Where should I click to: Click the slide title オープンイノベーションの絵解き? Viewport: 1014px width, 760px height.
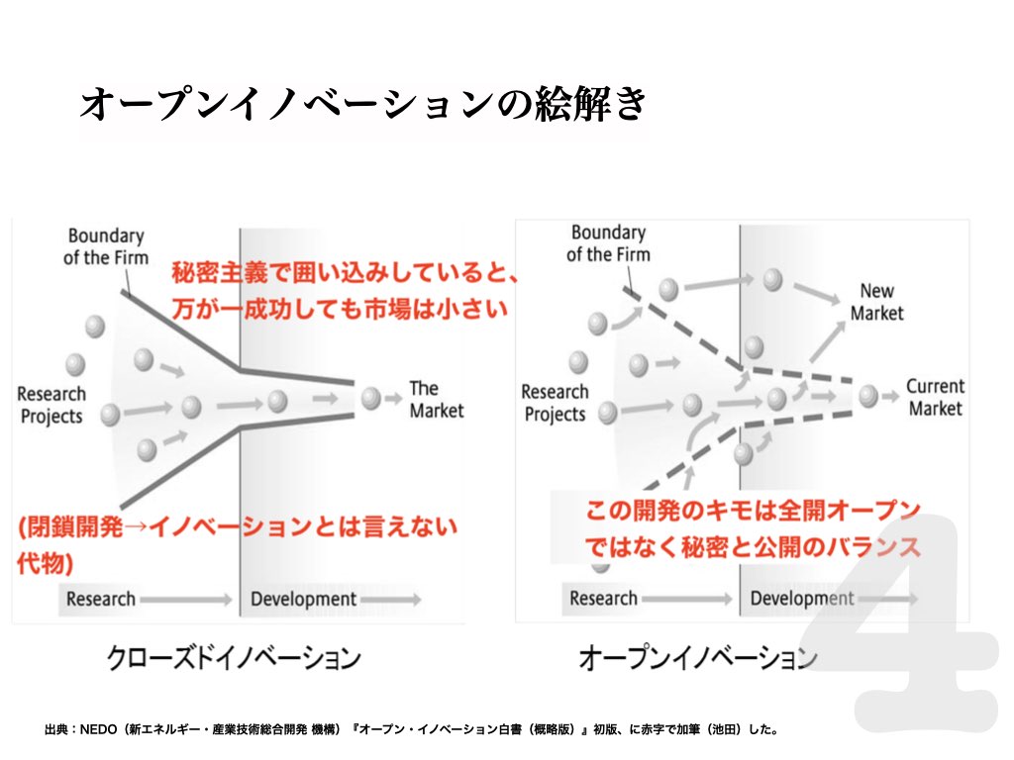363,103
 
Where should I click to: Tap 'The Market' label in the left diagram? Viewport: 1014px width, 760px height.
437,400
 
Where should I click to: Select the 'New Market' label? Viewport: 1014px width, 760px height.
877,302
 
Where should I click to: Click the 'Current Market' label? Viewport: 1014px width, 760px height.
935,397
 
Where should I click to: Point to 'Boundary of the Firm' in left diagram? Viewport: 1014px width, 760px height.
106,246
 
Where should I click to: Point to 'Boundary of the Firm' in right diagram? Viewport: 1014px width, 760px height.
609,243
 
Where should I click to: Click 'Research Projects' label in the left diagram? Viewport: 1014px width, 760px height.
51,405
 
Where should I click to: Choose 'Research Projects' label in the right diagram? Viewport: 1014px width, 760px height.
555,403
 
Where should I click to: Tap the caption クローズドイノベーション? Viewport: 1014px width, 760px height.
234,658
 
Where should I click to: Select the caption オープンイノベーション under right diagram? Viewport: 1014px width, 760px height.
698,658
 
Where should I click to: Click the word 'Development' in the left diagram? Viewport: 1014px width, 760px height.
303,600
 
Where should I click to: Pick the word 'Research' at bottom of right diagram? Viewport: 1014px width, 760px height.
603,599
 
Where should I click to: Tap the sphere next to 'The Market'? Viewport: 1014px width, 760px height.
371,398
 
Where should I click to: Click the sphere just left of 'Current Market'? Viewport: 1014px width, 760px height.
868,396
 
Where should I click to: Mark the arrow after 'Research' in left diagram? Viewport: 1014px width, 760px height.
186,600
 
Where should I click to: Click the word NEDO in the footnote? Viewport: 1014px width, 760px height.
98,729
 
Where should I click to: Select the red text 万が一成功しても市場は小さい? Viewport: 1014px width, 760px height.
340,309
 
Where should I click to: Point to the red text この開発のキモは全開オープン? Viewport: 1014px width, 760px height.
753,511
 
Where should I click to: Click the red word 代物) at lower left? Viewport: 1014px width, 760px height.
45,563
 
